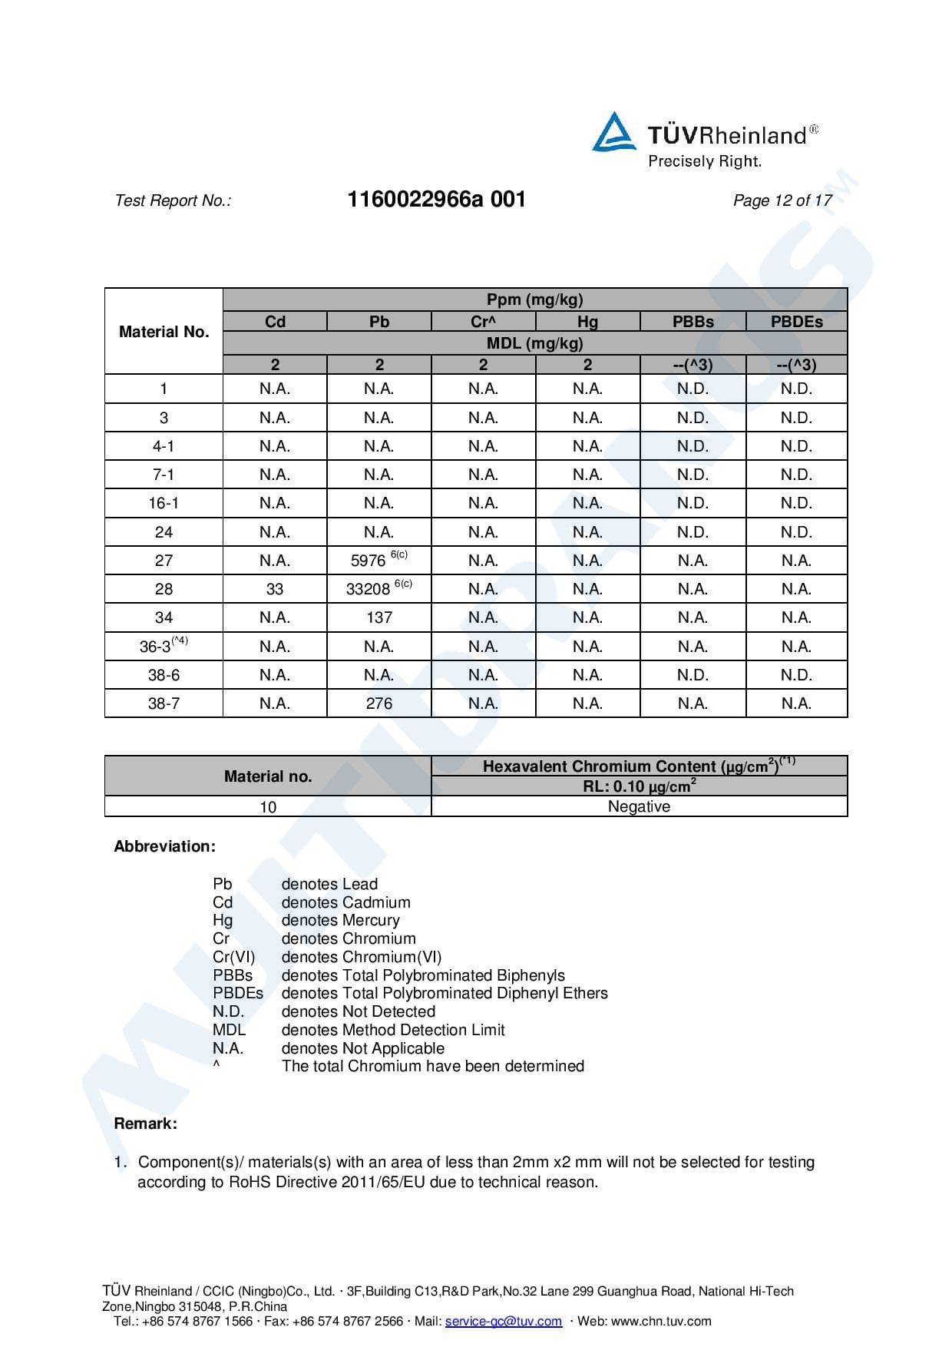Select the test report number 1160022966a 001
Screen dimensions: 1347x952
436,200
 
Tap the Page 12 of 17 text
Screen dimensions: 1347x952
782,200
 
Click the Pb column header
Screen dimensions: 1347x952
379,322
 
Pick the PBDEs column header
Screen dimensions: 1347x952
796,322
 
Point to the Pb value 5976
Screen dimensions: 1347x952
369,561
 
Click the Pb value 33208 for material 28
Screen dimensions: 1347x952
369,589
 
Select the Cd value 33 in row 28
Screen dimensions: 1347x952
275,589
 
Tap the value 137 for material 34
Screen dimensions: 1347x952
379,617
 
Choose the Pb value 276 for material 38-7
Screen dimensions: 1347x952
379,703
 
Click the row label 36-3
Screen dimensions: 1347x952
156,647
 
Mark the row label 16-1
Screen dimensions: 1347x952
164,503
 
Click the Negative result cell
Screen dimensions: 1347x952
639,806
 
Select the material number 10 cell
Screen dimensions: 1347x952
268,806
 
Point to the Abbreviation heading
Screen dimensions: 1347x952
165,846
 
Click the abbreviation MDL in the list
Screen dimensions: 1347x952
229,1030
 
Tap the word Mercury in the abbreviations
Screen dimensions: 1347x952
372,920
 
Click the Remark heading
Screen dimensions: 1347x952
146,1124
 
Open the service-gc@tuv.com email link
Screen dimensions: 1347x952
504,1321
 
